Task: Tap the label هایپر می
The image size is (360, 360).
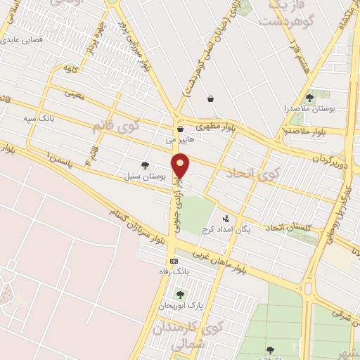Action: click(x=179, y=140)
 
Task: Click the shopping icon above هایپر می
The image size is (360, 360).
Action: click(x=181, y=129)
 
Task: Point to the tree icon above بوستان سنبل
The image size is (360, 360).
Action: click(x=145, y=166)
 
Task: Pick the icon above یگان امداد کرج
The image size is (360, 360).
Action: click(x=226, y=219)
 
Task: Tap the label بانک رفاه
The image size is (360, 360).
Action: click(x=173, y=271)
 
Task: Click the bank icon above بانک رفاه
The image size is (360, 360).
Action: click(x=174, y=261)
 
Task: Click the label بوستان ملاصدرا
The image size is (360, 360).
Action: click(x=311, y=110)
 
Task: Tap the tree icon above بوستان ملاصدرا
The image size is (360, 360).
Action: click(x=310, y=98)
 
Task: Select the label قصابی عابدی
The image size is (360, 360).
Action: click(x=25, y=40)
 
